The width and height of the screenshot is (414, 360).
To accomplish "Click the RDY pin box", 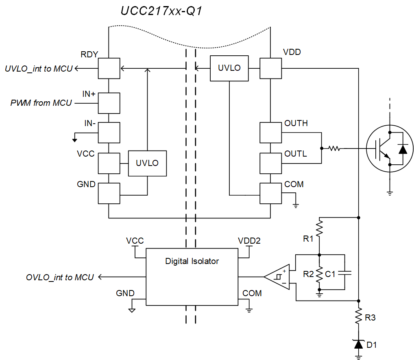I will (109, 68).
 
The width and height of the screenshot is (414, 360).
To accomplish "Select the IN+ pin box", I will (109, 103).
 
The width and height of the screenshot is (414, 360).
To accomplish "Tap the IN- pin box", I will (109, 132).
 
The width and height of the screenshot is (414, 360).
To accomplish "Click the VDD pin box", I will (270, 68).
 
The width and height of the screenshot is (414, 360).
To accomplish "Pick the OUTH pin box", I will (270, 132).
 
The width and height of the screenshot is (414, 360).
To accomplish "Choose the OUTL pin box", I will (270, 163).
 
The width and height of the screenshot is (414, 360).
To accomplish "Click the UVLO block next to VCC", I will (147, 163).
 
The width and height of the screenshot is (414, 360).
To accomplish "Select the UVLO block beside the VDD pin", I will (229, 68).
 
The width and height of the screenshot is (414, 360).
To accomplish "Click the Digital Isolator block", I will (192, 277).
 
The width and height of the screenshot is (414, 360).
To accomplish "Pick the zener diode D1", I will (358, 344).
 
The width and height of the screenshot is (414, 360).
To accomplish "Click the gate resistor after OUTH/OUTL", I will (334, 148).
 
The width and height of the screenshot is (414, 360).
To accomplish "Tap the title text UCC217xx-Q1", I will (161, 11).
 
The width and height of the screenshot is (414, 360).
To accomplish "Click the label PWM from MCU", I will (41, 103).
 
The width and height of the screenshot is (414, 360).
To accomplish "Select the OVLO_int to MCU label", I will (60, 277).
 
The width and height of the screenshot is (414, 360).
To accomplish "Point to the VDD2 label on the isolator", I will (249, 241).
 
